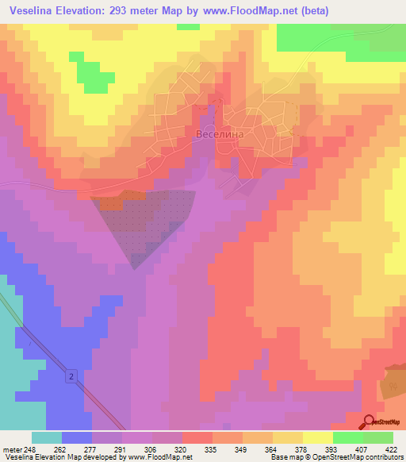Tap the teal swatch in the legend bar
[x=46, y=437]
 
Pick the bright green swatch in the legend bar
[x=347, y=437]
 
